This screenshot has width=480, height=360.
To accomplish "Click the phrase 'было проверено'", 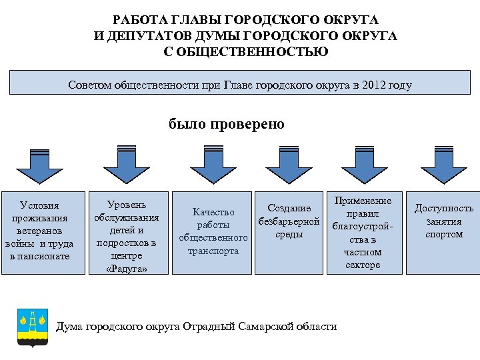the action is tap(227, 124).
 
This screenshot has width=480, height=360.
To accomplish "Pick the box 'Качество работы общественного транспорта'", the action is tap(213, 232).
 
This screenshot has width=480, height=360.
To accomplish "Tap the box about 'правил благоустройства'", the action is tap(363, 232).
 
